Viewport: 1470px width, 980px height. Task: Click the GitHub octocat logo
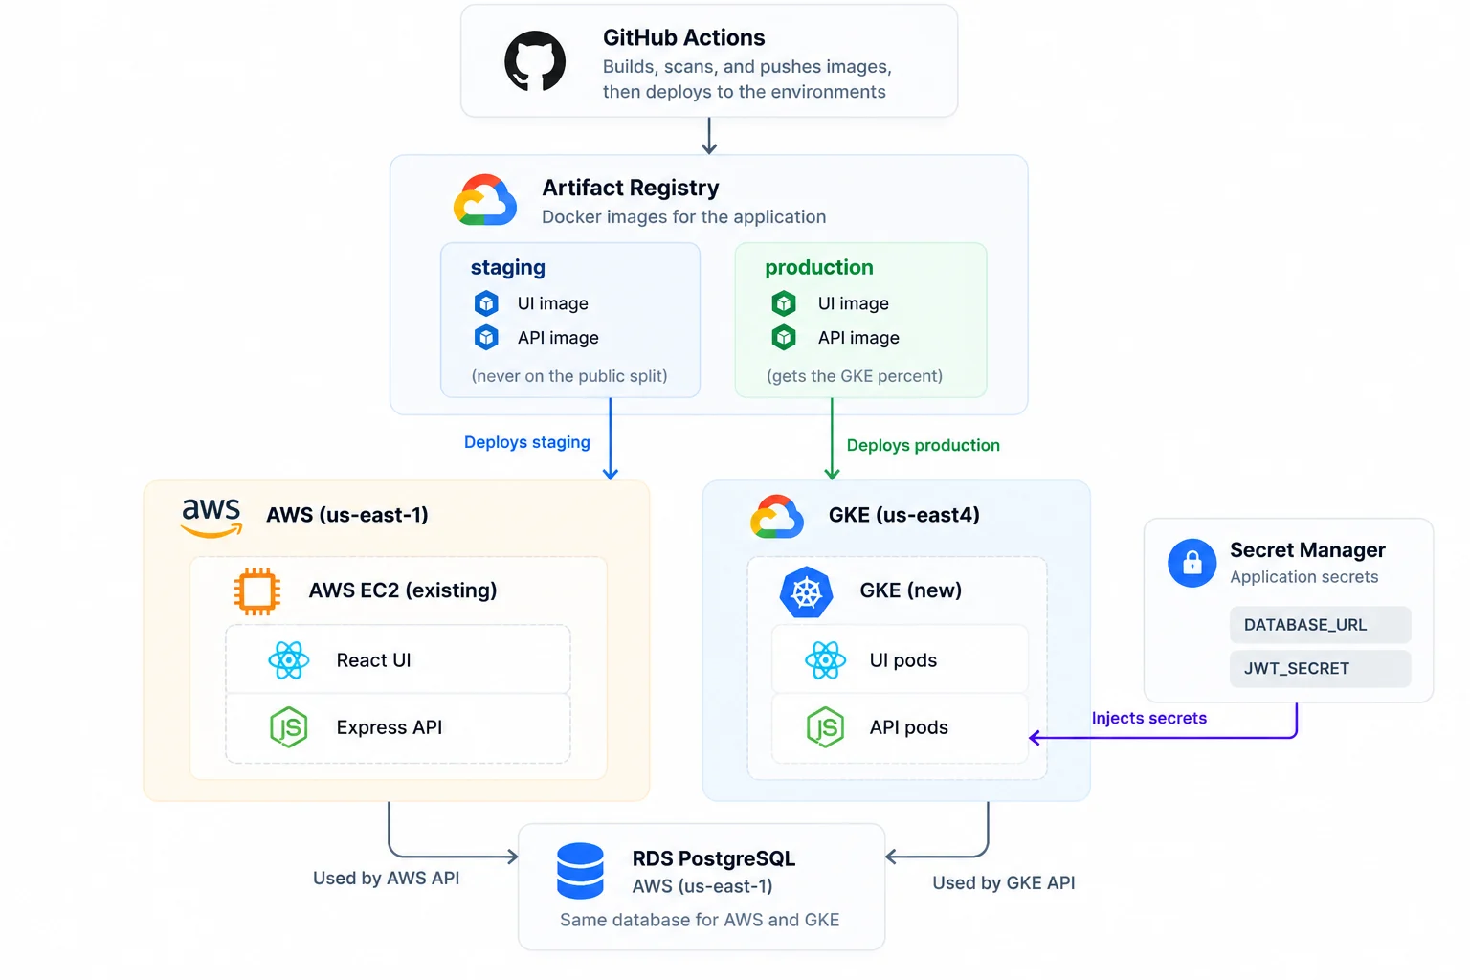[535, 61]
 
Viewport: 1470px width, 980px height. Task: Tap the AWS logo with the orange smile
[212, 518]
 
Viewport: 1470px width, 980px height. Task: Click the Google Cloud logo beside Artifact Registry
[485, 200]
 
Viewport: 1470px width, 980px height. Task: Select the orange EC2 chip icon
[257, 591]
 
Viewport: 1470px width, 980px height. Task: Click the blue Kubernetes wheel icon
[807, 591]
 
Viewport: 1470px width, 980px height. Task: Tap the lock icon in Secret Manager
[1192, 563]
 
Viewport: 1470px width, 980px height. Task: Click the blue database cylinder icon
[580, 870]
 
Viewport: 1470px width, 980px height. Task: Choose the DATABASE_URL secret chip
[1320, 624]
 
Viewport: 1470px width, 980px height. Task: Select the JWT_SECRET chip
[1320, 668]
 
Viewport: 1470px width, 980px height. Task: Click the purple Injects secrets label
[1149, 718]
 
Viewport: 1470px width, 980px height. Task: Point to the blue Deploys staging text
[527, 442]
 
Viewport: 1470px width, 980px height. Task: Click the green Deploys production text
[924, 445]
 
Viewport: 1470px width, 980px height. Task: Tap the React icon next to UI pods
[825, 659]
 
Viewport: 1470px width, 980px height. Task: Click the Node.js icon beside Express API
[289, 727]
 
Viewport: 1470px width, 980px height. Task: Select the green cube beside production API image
[784, 338]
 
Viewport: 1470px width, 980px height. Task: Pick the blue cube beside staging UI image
[486, 303]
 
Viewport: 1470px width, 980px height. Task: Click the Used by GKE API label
[1003, 882]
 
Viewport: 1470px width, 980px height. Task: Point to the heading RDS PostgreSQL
[713, 858]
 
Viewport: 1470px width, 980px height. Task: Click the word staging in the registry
[508, 268]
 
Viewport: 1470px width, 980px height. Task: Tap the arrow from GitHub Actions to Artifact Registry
[709, 136]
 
